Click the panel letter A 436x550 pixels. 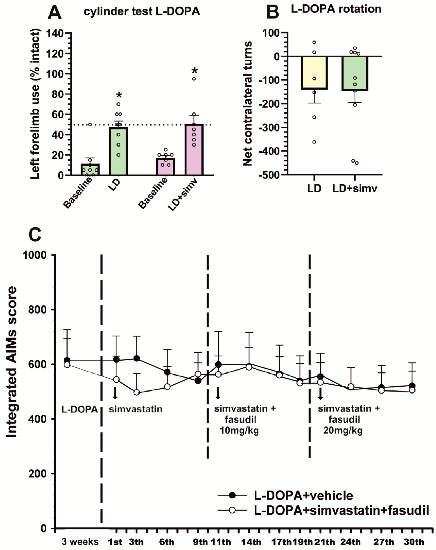point(54,13)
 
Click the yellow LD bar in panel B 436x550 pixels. point(314,73)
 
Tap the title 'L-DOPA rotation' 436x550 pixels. point(336,9)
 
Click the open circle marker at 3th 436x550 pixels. point(137,392)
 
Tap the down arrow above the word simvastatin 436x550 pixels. point(115,393)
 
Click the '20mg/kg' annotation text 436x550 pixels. point(343,431)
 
